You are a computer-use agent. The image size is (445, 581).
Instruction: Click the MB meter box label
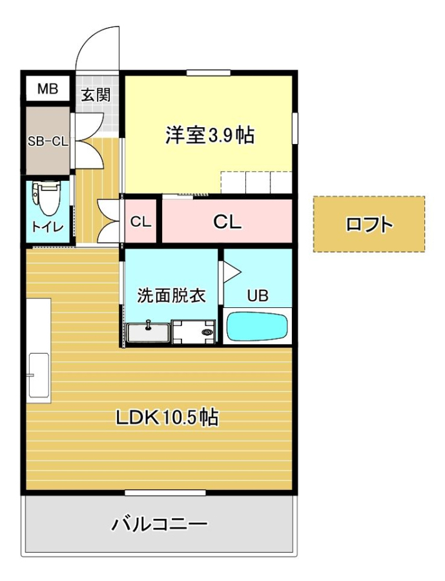[48, 89]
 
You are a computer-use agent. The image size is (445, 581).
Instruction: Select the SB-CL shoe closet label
[48, 141]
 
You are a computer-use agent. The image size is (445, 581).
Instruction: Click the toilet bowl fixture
[47, 198]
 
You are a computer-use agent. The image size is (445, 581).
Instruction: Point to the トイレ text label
[47, 227]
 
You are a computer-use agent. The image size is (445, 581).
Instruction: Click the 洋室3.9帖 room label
[209, 135]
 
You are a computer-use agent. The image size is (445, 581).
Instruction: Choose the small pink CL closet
[141, 221]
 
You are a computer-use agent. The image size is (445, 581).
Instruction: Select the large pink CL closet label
[227, 222]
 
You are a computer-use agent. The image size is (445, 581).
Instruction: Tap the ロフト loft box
[369, 224]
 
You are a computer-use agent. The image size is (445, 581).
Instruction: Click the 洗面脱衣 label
[171, 295]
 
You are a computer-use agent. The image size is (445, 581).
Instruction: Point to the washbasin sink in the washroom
[149, 332]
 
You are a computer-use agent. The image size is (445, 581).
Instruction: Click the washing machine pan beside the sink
[194, 332]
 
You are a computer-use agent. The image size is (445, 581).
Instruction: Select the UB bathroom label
[258, 296]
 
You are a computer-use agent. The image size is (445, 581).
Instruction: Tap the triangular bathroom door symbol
[232, 272]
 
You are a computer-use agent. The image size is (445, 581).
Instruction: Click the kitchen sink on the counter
[39, 375]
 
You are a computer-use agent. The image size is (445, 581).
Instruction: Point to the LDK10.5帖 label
[167, 418]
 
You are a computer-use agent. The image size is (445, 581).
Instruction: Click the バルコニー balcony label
[160, 524]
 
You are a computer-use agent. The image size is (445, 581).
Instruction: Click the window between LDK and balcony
[165, 493]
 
